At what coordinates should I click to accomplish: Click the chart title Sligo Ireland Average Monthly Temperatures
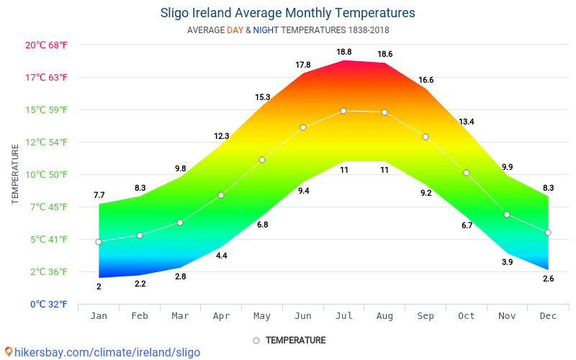point(287,13)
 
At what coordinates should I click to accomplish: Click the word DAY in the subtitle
point(235,30)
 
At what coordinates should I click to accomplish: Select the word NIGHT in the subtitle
point(266,30)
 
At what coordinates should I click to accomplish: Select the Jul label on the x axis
point(344,316)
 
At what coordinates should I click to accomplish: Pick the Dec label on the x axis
point(548,316)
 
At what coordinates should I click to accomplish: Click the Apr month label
point(221,316)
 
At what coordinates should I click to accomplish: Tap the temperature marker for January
point(99,242)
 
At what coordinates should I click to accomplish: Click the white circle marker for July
point(343,111)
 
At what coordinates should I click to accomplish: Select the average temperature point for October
point(467,173)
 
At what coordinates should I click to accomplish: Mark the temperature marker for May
point(262,160)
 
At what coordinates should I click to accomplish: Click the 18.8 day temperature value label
point(344,52)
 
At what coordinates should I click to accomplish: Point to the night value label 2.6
point(548,279)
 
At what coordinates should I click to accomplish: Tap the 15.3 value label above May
point(262,97)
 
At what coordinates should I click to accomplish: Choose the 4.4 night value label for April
point(221,256)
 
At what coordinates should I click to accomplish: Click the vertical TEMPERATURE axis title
point(15,174)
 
